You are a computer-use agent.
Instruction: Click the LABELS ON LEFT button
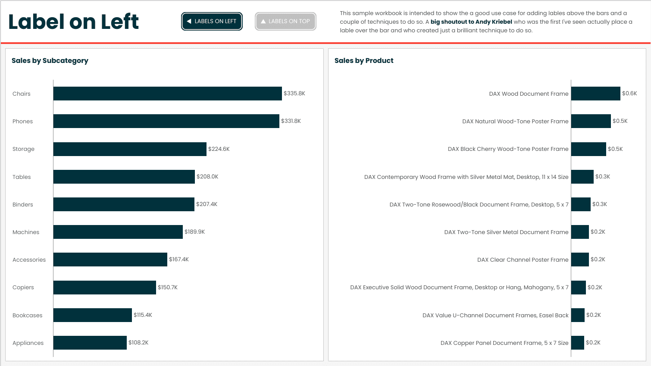point(212,22)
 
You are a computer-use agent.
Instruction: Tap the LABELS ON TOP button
point(285,22)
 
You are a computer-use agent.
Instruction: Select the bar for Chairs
point(167,94)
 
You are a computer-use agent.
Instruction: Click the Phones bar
point(166,121)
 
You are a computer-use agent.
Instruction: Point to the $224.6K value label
point(219,149)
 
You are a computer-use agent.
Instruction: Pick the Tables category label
point(22,177)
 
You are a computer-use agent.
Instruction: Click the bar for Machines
point(118,232)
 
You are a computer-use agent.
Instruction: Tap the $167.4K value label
point(179,260)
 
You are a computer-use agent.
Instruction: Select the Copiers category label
point(23,288)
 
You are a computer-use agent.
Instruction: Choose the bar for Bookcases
point(92,315)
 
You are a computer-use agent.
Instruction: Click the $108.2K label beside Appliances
point(138,343)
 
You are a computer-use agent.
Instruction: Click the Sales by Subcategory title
point(50,61)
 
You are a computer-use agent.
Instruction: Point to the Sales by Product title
point(364,61)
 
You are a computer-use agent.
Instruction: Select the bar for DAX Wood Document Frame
point(595,94)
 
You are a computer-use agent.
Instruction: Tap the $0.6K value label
point(629,94)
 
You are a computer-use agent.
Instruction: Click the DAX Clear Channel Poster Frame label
point(523,260)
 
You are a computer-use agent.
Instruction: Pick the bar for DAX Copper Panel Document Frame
point(578,343)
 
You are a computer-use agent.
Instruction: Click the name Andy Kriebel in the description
point(494,22)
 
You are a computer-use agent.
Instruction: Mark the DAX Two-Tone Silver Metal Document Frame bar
point(580,232)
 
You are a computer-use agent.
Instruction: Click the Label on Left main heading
point(73,22)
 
